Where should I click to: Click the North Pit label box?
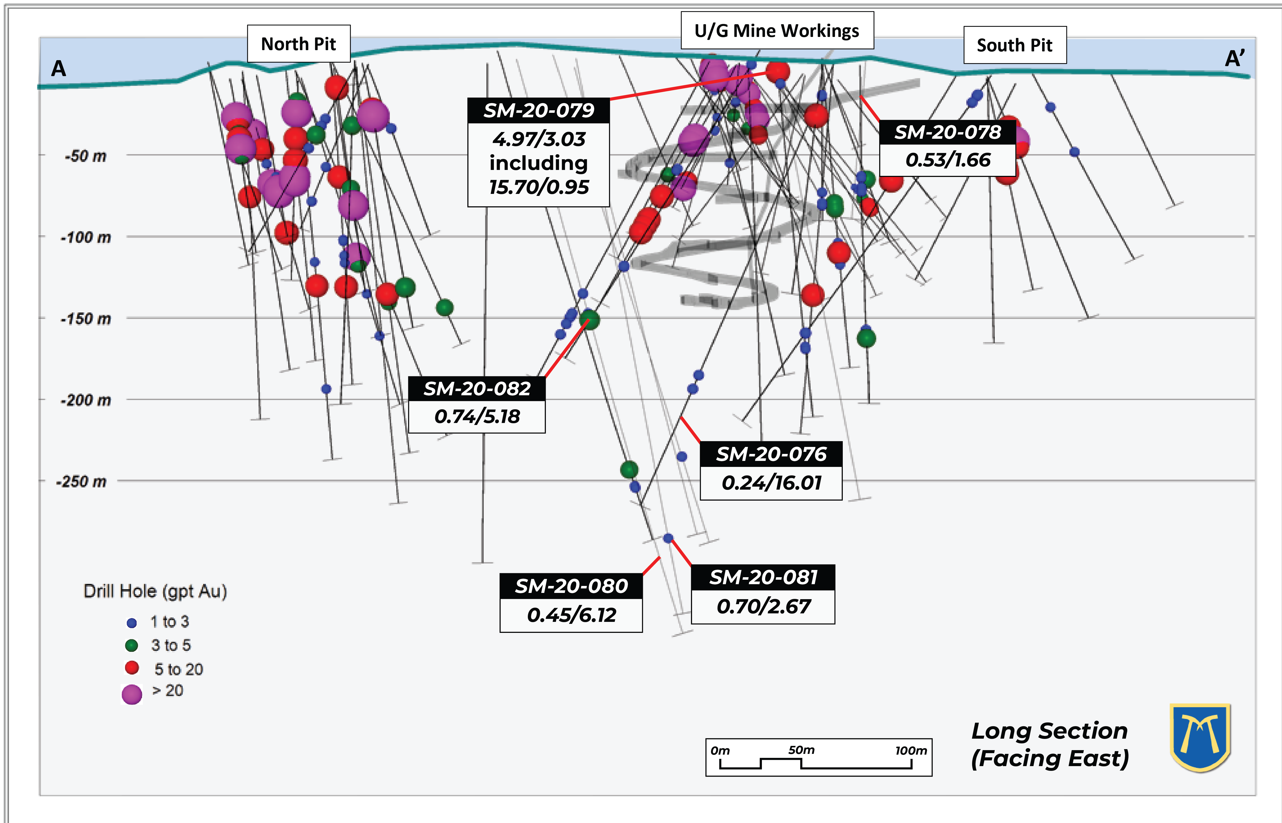(299, 44)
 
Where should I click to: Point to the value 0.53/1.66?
(948, 160)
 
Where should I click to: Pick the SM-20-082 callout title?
(477, 389)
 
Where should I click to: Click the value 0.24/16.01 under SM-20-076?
(771, 483)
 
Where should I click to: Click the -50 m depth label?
(86, 156)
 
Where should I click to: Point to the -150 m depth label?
(86, 319)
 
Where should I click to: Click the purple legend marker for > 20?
(132, 694)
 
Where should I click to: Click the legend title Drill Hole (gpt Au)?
(155, 591)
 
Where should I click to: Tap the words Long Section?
(1049, 731)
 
